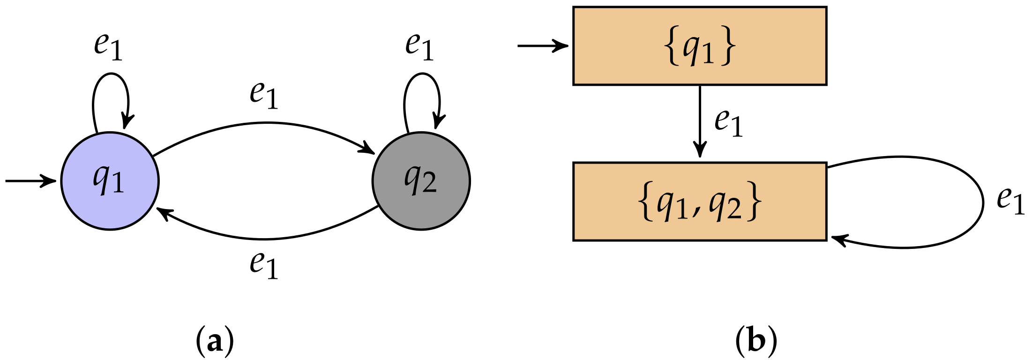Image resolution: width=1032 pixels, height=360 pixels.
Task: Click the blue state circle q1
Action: [x=110, y=181]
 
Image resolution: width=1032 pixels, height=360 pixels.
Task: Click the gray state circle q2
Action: [x=421, y=181]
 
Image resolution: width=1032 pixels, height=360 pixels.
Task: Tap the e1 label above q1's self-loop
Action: [x=108, y=46]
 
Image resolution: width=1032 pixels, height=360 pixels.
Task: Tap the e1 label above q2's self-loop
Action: [x=419, y=46]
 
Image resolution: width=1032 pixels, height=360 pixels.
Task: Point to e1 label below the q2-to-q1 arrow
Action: [x=264, y=265]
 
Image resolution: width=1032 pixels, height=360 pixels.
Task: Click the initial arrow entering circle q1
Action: [x=30, y=180]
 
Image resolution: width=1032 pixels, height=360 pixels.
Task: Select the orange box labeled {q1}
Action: [x=699, y=46]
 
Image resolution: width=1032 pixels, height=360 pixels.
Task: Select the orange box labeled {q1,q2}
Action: [x=699, y=202]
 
